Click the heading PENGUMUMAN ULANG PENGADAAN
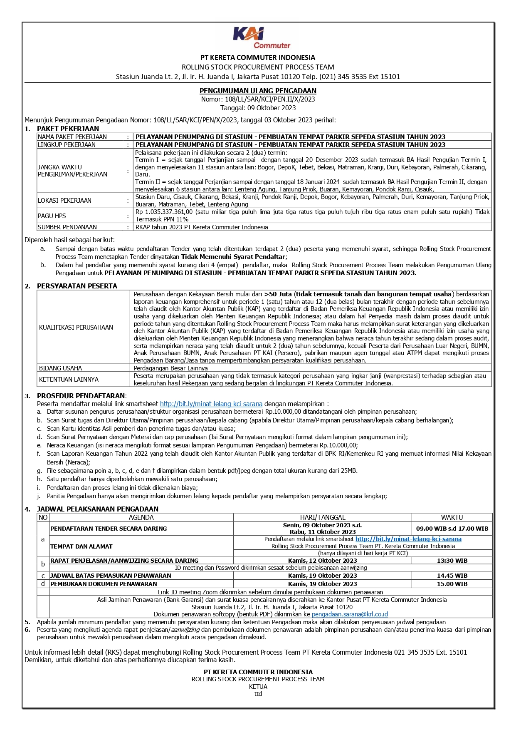(258, 91)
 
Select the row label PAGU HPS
(52, 216)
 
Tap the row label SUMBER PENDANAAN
(67, 227)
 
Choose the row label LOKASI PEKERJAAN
(64, 200)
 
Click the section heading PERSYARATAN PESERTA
(77, 286)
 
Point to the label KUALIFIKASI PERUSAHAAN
(76, 327)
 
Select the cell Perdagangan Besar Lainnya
(170, 368)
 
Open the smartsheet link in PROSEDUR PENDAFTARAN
(211, 404)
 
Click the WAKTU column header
(452, 517)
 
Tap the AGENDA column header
(141, 517)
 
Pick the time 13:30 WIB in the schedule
(452, 561)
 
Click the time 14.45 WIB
(452, 576)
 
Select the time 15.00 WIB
(452, 584)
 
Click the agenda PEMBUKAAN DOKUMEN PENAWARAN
(104, 584)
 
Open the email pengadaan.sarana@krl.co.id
(350, 614)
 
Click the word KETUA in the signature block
(258, 686)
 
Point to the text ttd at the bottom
(258, 693)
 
